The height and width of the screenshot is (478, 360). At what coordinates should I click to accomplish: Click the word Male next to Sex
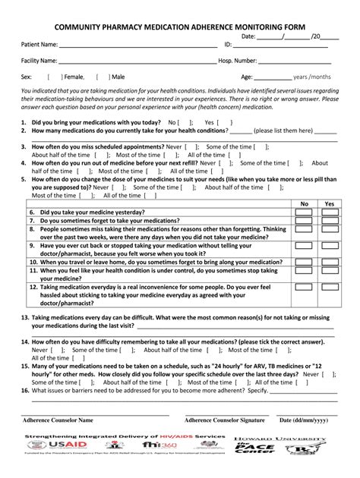(x=118, y=77)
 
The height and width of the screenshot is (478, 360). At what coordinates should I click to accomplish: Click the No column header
(x=305, y=204)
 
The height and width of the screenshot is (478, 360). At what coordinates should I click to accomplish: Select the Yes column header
(x=329, y=204)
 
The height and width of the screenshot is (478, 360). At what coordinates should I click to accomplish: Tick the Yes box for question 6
(x=329, y=213)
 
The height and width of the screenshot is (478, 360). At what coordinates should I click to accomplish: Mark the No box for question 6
(x=305, y=213)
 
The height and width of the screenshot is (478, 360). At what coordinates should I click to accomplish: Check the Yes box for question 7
(x=329, y=222)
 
